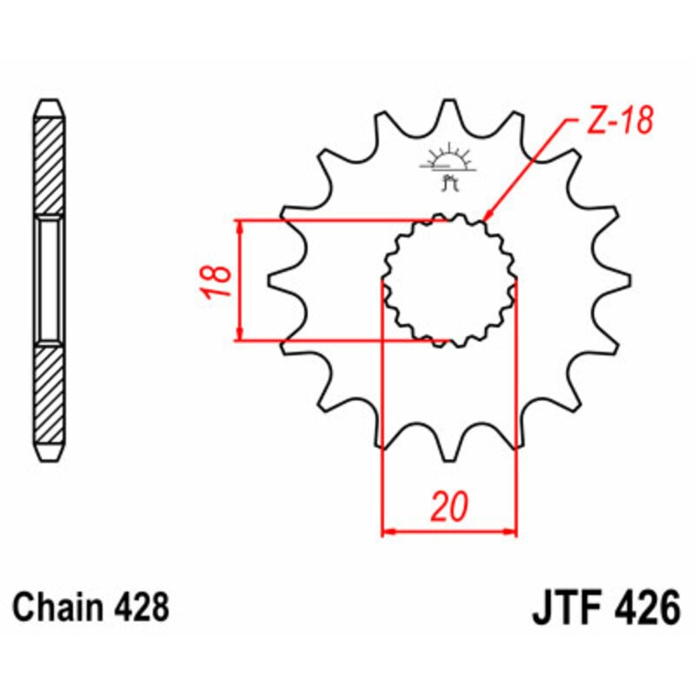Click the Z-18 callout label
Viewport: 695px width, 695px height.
coord(617,123)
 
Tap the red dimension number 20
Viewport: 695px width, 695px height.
coord(450,506)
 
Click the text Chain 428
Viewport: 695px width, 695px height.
coord(91,606)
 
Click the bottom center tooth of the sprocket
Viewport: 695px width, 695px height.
coord(450,447)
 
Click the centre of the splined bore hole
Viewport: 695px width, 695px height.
coord(450,280)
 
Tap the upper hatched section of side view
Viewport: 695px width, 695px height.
coord(50,165)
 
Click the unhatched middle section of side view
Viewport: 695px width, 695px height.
coord(50,280)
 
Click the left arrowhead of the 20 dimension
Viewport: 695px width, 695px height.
coord(388,530)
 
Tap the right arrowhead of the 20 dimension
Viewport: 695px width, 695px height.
coord(512,530)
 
